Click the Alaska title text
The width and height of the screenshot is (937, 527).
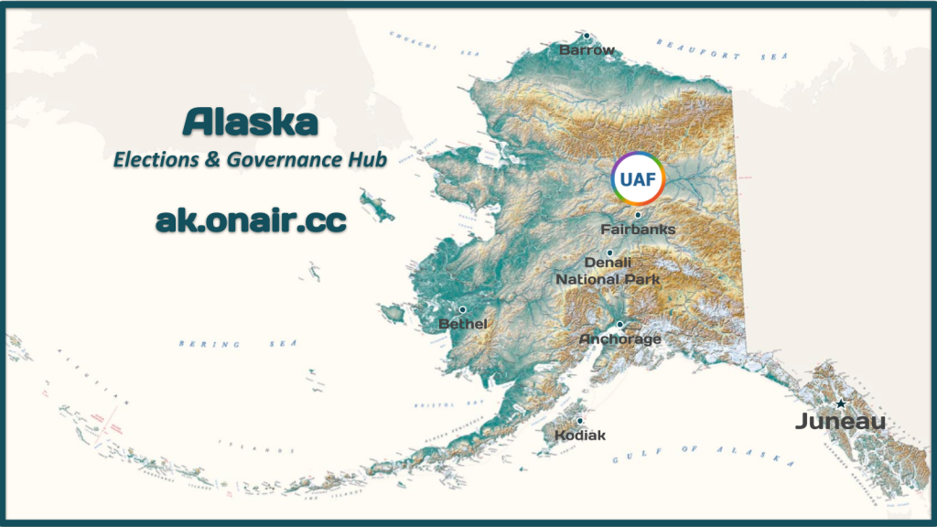coord(250,121)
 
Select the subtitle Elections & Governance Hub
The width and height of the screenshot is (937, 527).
coord(250,159)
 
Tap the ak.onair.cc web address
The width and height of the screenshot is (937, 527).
coord(250,220)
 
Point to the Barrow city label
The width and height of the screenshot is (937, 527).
coord(587,50)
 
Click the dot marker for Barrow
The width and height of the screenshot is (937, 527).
coord(587,37)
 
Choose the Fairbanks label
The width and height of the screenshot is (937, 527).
coord(638,229)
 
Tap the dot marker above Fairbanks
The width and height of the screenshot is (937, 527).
coord(638,215)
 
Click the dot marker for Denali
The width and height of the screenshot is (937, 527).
coord(609,252)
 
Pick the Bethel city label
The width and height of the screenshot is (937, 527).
coord(462,324)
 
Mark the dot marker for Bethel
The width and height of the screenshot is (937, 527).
coord(462,310)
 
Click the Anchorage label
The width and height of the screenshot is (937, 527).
coord(619,339)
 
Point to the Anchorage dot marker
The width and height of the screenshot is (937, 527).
coord(619,325)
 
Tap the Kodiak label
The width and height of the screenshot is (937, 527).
coord(580,436)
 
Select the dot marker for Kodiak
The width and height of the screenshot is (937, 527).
coord(579,421)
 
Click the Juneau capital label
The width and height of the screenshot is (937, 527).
coord(840,422)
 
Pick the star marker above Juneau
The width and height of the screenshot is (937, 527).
coord(840,403)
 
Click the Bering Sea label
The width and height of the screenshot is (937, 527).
coord(211,344)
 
